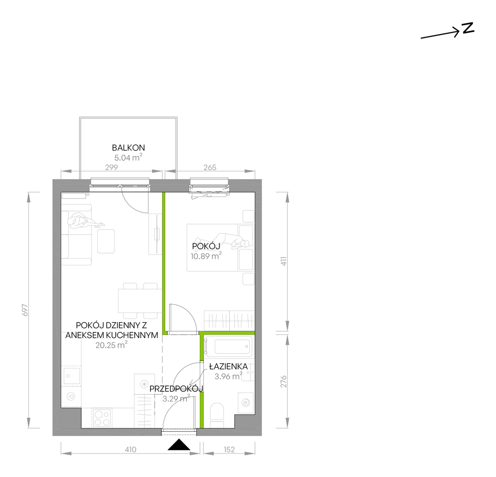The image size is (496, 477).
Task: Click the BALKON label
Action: point(128,148)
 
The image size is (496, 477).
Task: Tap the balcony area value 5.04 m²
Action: point(128,158)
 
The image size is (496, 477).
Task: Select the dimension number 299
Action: point(111,167)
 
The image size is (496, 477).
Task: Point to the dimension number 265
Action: point(210,167)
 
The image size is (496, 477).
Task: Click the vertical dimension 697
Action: point(25,310)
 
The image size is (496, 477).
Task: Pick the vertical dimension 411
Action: point(284,261)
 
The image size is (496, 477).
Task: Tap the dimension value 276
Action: point(284,382)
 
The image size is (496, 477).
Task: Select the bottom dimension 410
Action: point(130,450)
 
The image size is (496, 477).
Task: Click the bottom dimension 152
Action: point(229,450)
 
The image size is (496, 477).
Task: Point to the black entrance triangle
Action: point(179,445)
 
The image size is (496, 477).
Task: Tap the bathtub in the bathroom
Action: point(228,347)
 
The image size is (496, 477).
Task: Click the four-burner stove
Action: point(102,418)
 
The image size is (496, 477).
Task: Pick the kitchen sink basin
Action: point(72,376)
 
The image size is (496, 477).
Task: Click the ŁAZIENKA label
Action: point(228,366)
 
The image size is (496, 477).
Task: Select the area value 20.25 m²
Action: point(111,345)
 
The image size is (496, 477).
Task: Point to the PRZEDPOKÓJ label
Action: point(176,389)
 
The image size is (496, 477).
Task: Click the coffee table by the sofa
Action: point(106,241)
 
